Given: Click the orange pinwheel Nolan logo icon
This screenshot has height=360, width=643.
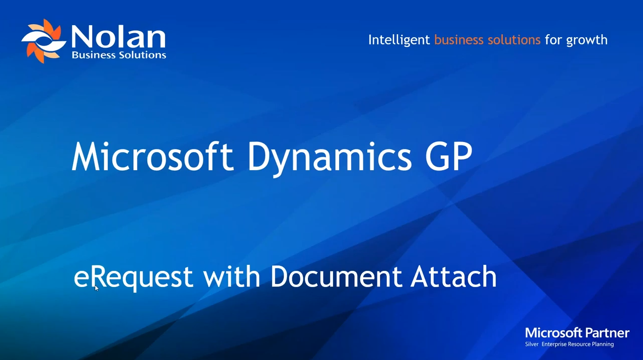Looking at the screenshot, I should [x=43, y=41].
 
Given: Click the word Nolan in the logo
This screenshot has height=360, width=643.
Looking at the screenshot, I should [x=118, y=37].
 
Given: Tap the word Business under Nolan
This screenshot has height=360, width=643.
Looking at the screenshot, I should [x=93, y=55].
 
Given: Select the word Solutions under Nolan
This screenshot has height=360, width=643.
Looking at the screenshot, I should [x=142, y=55].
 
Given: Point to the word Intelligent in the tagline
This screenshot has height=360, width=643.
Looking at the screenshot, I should [x=399, y=40].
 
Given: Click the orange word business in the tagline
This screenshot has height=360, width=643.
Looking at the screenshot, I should [x=459, y=40].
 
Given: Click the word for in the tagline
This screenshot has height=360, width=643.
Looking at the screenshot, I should [x=553, y=40].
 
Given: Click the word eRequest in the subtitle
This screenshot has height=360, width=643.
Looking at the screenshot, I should [x=133, y=277].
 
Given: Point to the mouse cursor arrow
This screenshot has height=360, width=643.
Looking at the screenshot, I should [x=96, y=287].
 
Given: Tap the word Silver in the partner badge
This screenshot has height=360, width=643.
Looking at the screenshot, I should [x=531, y=344].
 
